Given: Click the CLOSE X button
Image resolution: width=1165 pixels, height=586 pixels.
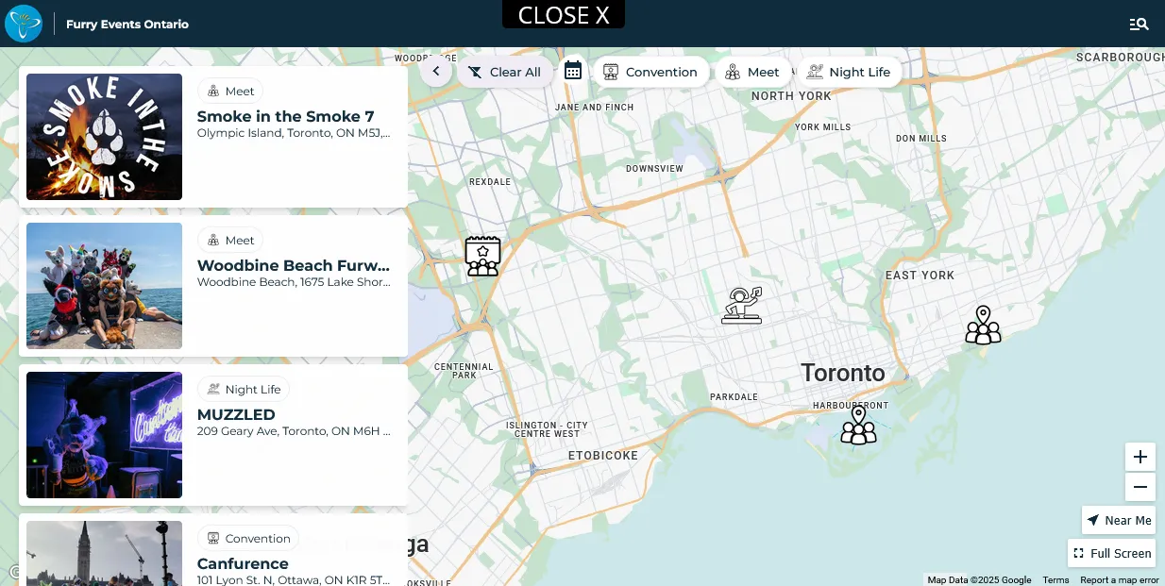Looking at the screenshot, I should [564, 15].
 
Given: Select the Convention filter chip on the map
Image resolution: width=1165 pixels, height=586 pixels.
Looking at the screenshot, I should [650, 72].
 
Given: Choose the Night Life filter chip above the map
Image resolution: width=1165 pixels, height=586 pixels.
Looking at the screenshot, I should [849, 72].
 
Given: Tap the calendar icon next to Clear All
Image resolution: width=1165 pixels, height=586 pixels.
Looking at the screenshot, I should [573, 71].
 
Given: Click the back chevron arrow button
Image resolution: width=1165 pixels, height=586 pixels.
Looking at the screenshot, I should [436, 71].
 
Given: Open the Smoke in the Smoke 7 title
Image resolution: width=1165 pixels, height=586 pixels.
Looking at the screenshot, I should [285, 116].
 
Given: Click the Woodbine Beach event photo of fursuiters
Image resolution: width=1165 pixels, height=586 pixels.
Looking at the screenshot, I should [104, 286].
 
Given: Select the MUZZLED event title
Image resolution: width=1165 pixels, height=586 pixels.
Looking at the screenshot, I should [236, 414].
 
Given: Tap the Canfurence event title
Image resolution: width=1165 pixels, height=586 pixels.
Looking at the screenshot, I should [243, 563].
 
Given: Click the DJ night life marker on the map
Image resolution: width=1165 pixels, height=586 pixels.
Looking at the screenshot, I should [742, 305].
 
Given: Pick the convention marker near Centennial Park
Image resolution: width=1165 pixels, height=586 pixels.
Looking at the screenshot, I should [482, 255].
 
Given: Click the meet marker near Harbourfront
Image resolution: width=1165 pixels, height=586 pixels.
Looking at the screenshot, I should [858, 426].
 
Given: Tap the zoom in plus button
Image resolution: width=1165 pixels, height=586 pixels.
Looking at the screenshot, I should [1140, 457].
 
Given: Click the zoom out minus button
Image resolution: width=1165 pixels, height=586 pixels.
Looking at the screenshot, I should [1140, 487].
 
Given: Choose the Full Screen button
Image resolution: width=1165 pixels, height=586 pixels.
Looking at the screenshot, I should [1112, 553].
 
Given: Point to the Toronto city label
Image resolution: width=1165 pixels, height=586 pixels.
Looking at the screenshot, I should [843, 373].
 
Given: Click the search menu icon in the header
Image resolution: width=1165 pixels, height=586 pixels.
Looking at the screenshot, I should [1139, 24].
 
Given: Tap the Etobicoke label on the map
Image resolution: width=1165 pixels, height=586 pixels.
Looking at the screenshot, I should [602, 456].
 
